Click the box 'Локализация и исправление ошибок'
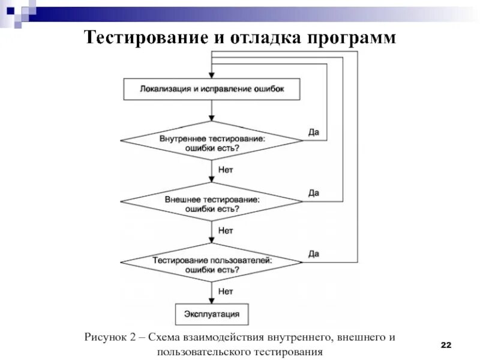coord(211,89)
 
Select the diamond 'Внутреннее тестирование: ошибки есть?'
coord(211,142)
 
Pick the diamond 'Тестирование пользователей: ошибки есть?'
coord(211,265)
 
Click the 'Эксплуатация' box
coord(211,314)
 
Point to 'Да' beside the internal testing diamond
coord(313,132)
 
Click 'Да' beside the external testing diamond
coord(313,193)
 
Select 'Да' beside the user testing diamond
coord(313,254)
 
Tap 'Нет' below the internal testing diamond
coord(226,170)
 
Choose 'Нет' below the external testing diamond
coord(226,230)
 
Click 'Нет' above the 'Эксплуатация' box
coord(226,292)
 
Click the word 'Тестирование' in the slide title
coord(135,37)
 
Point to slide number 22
coord(446,344)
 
